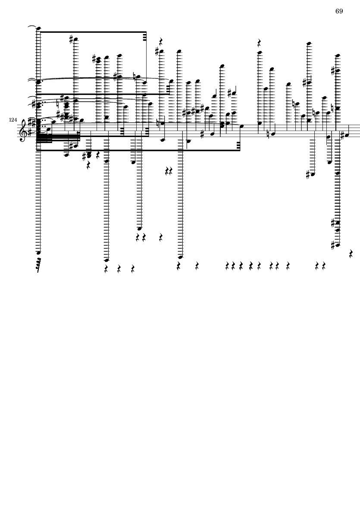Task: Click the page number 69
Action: coord(339,11)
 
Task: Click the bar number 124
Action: coord(13,120)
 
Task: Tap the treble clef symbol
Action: coord(22,130)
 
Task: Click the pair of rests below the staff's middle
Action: coord(169,171)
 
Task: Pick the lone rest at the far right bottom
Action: coord(351,253)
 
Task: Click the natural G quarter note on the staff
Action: coord(273,134)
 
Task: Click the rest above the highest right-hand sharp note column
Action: coord(259,43)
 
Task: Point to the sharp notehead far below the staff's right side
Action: coord(312,175)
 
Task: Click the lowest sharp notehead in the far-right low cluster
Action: coord(338,245)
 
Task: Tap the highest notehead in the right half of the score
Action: coord(309,43)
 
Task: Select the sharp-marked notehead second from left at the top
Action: coord(75,40)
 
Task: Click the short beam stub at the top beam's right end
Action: coord(144,37)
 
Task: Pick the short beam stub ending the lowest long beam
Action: coord(239,146)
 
